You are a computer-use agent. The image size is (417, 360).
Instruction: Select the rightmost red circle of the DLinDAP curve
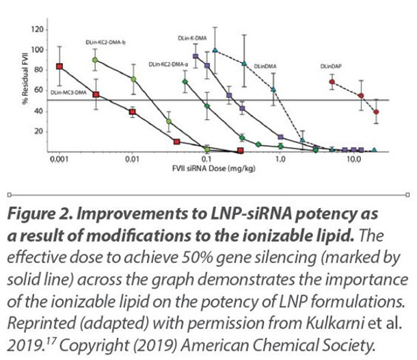[377, 111]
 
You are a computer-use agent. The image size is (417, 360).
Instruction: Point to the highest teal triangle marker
[215, 50]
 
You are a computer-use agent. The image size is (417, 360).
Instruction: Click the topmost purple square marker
[196, 57]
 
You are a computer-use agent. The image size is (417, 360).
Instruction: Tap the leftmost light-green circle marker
[95, 60]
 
